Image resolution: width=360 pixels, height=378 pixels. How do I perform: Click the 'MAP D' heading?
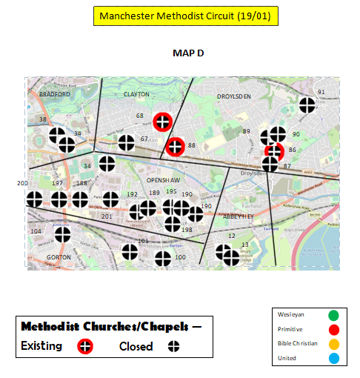click(188, 53)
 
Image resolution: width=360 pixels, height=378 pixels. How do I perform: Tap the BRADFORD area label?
click(54, 94)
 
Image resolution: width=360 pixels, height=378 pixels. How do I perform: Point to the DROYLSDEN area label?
click(234, 96)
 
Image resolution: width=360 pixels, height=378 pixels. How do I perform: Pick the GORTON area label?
click(57, 257)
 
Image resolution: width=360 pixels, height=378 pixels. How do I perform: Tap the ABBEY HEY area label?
click(239, 216)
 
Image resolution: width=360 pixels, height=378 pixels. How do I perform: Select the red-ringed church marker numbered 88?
click(175, 146)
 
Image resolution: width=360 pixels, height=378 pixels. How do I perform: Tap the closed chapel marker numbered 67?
click(126, 141)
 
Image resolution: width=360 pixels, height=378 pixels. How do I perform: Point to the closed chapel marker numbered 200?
click(34, 199)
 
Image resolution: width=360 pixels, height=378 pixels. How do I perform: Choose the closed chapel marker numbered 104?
click(63, 233)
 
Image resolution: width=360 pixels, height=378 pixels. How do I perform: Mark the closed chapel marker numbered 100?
click(163, 258)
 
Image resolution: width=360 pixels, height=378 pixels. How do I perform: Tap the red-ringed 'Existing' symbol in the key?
click(86, 346)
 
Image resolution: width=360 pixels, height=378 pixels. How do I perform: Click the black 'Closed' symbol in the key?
click(175, 346)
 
